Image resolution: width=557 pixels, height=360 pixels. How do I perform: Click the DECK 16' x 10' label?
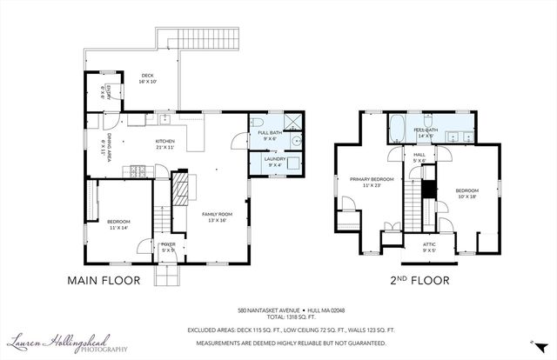point(148,78)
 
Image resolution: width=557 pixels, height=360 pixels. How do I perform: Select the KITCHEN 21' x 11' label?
point(165,143)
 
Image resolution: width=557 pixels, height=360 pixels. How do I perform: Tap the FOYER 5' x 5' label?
point(169,247)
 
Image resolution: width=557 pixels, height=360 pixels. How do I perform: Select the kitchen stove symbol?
point(137,169)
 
